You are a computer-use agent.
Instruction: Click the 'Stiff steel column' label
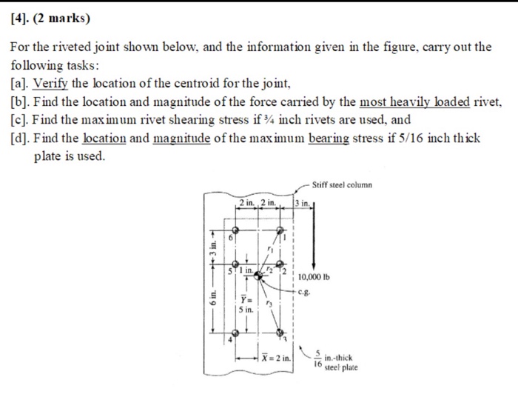click(343, 184)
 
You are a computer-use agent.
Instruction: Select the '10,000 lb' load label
click(316, 279)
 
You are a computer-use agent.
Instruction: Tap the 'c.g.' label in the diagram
click(306, 291)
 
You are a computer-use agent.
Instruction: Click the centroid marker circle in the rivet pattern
click(259, 276)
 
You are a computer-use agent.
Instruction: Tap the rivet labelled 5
click(236, 263)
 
